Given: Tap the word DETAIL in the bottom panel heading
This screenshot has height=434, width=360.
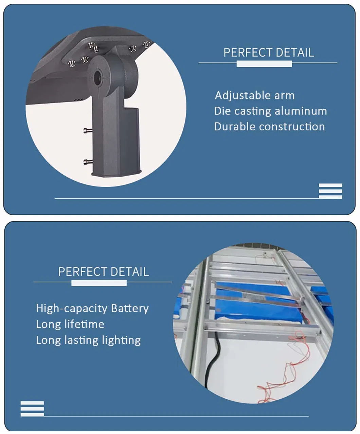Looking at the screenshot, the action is point(130,272).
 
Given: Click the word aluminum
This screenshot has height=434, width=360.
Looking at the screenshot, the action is point(301,111).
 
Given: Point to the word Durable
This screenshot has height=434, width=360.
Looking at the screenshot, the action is point(235,127).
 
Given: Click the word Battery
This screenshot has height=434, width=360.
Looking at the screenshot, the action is point(130,309).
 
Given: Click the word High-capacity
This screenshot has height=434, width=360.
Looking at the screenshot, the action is point(72,309).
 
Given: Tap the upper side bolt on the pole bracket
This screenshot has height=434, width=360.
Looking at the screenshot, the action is point(88,130).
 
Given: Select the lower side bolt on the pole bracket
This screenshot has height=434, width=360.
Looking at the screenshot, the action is point(88,162).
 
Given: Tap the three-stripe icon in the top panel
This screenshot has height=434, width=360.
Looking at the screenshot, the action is point(330,191).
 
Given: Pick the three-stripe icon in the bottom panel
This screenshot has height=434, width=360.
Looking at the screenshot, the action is point(32,409).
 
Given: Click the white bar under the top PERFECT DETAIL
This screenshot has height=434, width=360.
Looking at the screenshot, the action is point(264,64).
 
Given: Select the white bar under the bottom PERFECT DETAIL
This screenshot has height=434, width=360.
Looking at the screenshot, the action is point(99,283).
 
